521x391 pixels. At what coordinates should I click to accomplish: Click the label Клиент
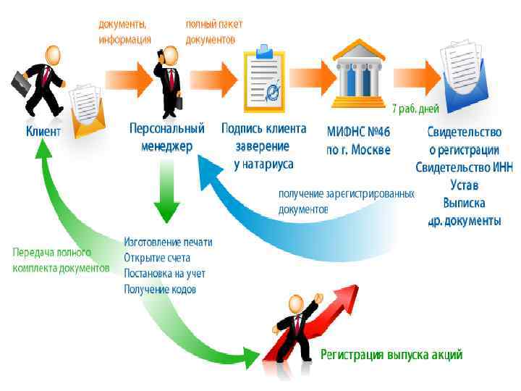click(x=43, y=131)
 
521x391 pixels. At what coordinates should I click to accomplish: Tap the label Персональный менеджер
click(x=166, y=137)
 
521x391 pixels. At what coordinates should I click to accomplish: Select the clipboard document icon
click(x=264, y=81)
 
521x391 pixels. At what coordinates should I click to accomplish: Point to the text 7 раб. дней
click(x=415, y=109)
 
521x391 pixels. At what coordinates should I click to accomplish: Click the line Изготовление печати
click(x=168, y=242)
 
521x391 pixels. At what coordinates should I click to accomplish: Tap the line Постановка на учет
click(x=164, y=274)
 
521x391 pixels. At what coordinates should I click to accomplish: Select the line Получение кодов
click(x=160, y=290)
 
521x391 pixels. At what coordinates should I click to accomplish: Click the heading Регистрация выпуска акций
click(x=391, y=355)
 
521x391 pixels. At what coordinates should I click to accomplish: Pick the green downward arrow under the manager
click(x=166, y=192)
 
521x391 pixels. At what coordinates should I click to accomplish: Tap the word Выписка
click(x=464, y=203)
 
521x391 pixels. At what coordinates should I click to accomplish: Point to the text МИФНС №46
click(x=358, y=131)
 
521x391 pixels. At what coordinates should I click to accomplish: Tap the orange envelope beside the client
click(x=87, y=112)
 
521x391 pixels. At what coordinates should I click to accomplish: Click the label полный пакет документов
click(x=214, y=32)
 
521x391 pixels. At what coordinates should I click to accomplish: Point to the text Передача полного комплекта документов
click(x=61, y=260)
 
